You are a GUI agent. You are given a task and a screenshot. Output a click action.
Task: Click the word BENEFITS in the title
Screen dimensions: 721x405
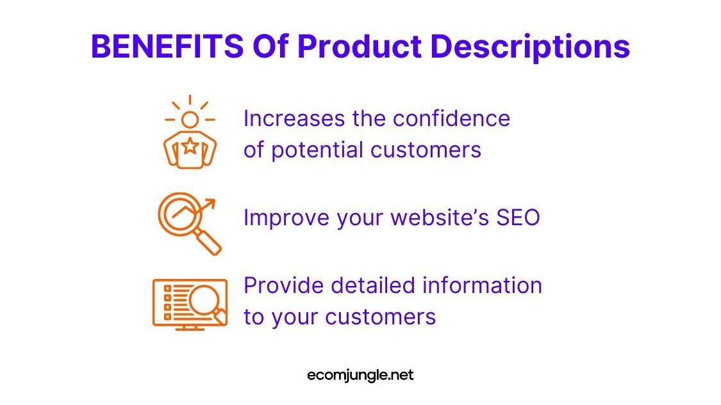[x=167, y=46]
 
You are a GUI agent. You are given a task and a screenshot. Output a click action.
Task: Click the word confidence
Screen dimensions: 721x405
[x=452, y=118]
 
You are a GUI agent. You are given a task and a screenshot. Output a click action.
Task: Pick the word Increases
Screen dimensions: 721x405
[x=294, y=118]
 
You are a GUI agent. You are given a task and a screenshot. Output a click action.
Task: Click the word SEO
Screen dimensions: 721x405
[x=518, y=218]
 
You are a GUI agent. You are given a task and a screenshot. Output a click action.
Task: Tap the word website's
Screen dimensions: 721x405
[x=440, y=218]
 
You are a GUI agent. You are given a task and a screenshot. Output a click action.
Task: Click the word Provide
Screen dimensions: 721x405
[x=283, y=285]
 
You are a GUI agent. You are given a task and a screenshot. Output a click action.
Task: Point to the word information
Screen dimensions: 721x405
[x=483, y=285]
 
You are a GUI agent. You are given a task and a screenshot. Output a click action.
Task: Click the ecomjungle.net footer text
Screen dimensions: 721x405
[x=360, y=376]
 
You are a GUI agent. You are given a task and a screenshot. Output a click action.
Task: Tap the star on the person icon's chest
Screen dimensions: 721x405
[x=190, y=146]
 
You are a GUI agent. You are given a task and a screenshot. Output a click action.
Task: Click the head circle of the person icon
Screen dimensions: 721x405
[x=190, y=120]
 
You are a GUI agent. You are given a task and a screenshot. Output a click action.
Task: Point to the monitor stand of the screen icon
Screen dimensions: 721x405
[x=190, y=328]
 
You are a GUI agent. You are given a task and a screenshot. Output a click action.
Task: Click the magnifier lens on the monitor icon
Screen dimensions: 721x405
[x=204, y=299]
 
